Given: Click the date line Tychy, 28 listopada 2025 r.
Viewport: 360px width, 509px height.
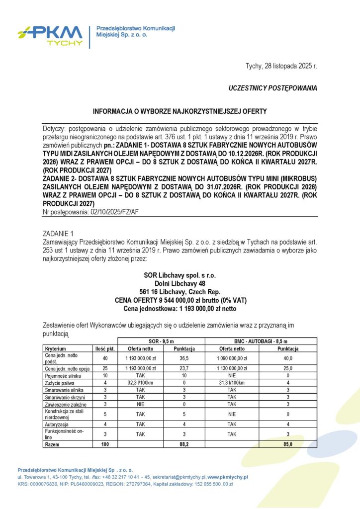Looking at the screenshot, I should [281, 66].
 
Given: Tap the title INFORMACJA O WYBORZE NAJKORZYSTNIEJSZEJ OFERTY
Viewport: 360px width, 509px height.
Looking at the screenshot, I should [180, 112].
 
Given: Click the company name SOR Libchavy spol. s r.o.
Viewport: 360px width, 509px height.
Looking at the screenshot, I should [180, 275].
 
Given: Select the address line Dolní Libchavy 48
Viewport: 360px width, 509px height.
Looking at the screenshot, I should [180, 283].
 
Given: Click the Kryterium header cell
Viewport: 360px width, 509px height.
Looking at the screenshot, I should [55, 349].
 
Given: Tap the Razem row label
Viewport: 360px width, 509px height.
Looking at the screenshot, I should [53, 444].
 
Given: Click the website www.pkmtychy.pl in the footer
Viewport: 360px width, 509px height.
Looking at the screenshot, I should [227, 477].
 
